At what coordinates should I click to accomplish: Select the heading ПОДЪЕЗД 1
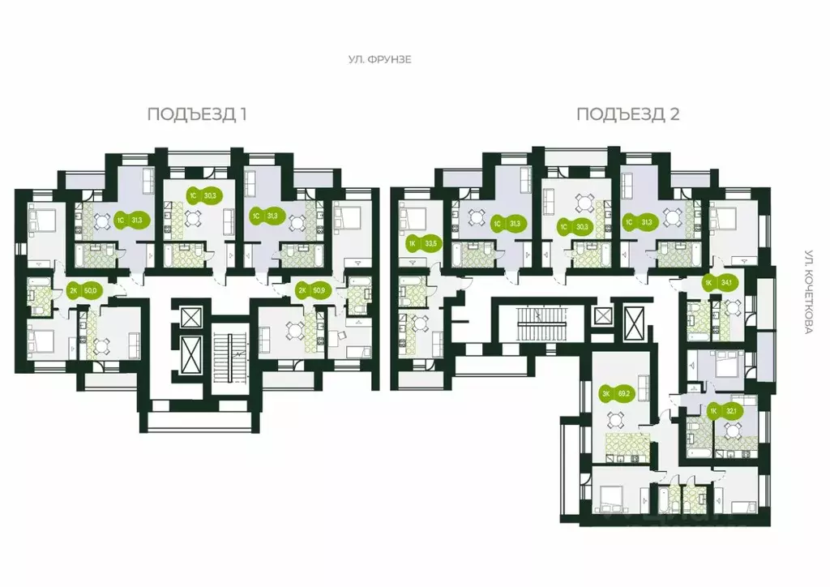coord(197,114)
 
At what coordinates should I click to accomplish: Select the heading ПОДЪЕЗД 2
coord(627,114)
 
